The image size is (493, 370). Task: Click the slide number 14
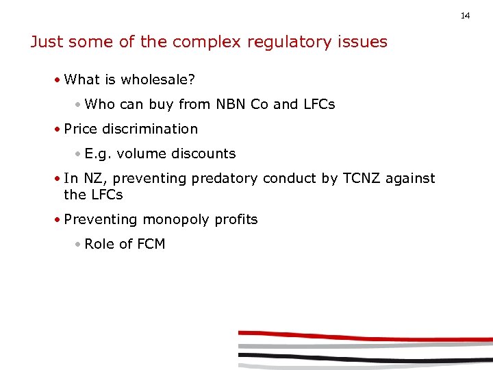pyautogui.click(x=466, y=15)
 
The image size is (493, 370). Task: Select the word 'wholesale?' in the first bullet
pyautogui.click(x=158, y=79)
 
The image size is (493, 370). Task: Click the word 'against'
pyautogui.click(x=409, y=178)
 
